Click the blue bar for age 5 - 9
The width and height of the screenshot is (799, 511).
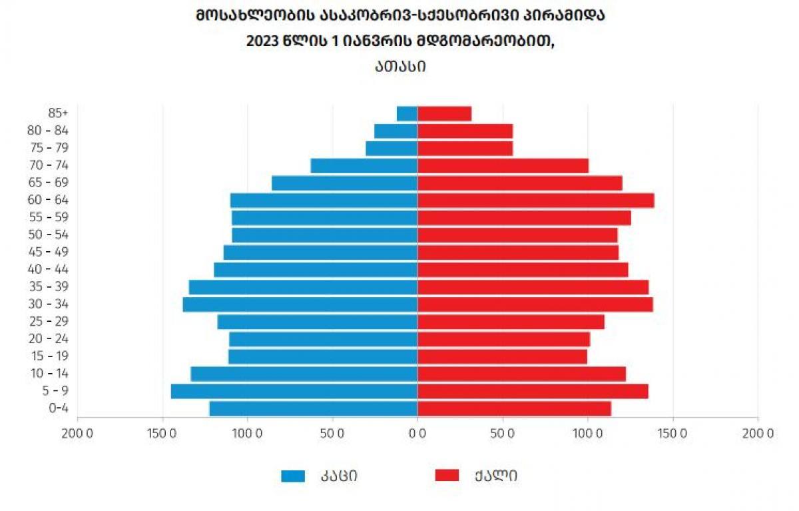pyautogui.click(x=294, y=391)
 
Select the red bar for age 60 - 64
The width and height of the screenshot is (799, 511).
pyautogui.click(x=536, y=200)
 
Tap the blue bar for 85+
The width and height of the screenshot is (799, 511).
pyautogui.click(x=407, y=113)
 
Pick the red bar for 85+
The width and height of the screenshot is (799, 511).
pyautogui.click(x=445, y=113)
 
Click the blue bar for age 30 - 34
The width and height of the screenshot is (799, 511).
pyautogui.click(x=300, y=304)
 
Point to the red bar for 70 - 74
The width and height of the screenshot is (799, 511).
pyautogui.click(x=503, y=166)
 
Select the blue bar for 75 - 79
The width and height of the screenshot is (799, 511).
pyautogui.click(x=392, y=149)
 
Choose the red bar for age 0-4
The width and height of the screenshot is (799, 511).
pyautogui.click(x=514, y=408)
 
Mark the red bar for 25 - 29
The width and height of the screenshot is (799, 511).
pyautogui.click(x=511, y=322)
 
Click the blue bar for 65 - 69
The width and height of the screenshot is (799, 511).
pyautogui.click(x=345, y=183)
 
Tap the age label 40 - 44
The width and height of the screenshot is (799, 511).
pyautogui.click(x=48, y=269)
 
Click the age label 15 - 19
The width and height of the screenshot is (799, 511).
pyautogui.click(x=49, y=356)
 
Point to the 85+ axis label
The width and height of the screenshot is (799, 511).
pyautogui.click(x=58, y=113)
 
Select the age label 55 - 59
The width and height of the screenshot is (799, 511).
pyautogui.click(x=49, y=217)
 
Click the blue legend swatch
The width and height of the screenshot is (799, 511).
pyautogui.click(x=293, y=476)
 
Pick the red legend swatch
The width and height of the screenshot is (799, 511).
pyautogui.click(x=447, y=476)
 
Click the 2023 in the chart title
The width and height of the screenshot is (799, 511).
pyautogui.click(x=262, y=41)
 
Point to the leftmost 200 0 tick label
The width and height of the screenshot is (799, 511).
pyautogui.click(x=77, y=434)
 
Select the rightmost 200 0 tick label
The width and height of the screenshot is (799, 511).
pyautogui.click(x=758, y=434)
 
